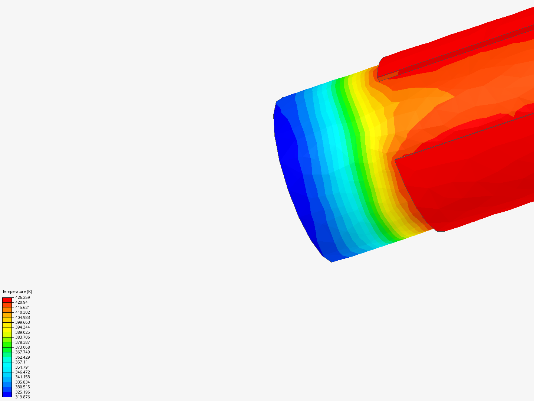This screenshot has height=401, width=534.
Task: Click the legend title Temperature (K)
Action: (x=17, y=291)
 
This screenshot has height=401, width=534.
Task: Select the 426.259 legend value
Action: (x=23, y=297)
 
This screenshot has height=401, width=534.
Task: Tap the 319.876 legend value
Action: (x=23, y=397)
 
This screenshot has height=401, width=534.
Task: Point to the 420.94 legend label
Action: (x=22, y=302)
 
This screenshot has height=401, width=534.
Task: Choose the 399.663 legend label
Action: (x=23, y=322)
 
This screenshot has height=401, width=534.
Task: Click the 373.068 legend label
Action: (x=23, y=347)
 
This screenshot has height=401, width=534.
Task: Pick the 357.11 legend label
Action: (x=22, y=362)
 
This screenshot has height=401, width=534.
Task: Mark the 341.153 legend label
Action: (x=23, y=377)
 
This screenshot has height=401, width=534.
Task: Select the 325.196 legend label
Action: (x=23, y=392)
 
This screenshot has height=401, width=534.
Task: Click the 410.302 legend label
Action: (x=23, y=312)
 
